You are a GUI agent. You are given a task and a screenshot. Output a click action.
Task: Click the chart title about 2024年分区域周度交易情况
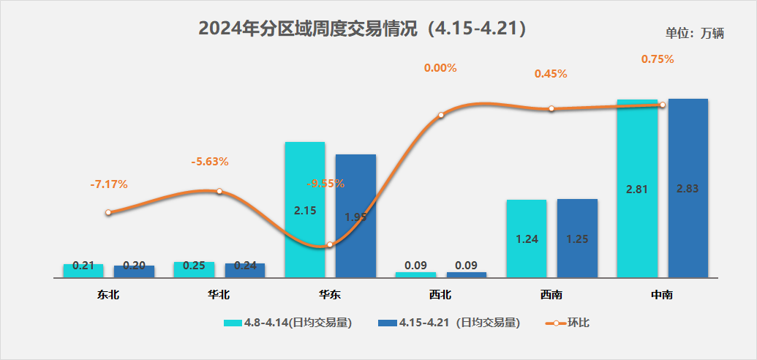363,29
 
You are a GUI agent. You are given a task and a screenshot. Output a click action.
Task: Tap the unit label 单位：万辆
694,33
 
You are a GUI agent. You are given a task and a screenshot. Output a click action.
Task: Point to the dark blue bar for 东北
134,271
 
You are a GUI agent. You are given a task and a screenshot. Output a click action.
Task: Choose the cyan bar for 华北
194,270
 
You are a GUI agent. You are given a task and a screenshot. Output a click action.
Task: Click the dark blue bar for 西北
466,275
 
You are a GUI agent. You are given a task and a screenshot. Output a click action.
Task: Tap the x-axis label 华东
329,296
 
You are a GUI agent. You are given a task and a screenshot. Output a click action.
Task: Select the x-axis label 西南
551,296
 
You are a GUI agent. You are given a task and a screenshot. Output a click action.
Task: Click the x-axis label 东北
108,296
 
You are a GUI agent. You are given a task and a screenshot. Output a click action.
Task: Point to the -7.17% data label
108,184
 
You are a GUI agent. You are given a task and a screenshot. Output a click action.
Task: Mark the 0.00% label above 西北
440,68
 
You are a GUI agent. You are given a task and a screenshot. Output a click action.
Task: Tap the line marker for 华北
219,192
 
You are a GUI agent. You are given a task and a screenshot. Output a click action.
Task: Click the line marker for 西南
551,109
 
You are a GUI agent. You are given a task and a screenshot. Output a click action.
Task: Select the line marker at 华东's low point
330,245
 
